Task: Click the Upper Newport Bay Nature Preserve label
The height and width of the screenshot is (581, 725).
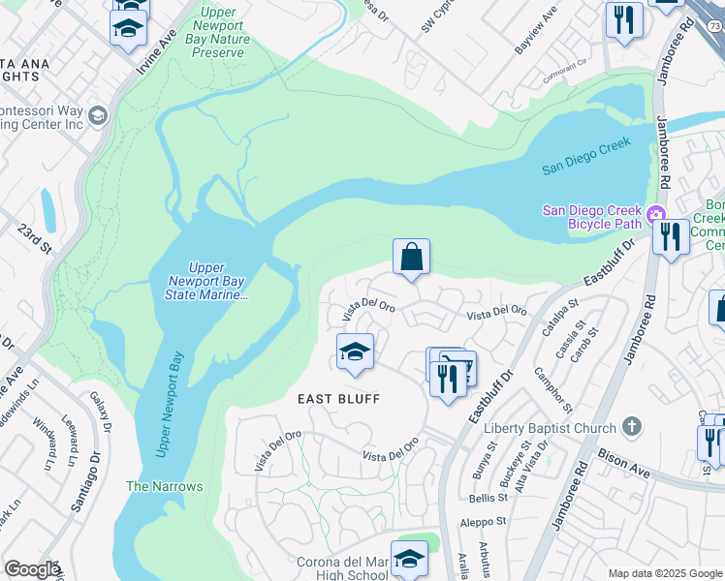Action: pos(222,33)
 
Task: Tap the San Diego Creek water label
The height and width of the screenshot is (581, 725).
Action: pos(585,155)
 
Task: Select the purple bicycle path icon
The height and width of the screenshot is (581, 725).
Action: pos(657,214)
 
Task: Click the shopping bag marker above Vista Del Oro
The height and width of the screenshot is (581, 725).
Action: pos(411,258)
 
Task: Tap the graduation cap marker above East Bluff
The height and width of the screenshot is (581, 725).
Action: pos(355,352)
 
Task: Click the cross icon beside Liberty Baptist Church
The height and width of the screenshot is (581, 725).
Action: pos(631,427)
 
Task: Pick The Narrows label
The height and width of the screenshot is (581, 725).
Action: pos(165,486)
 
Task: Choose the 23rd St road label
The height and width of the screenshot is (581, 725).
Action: pos(37,238)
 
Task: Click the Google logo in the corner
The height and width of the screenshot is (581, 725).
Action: pos(31,569)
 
